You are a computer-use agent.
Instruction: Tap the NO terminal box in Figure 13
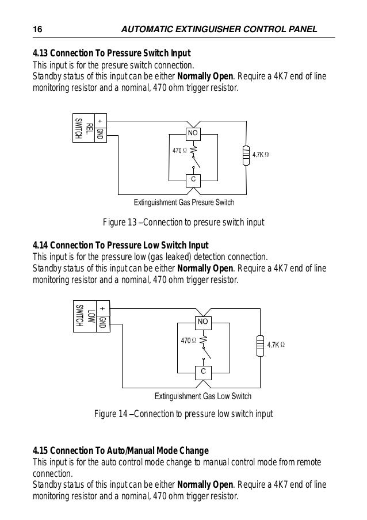[x=193, y=134]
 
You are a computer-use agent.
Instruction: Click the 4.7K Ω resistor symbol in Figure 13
[x=246, y=156]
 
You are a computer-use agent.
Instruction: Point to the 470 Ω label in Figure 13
[x=181, y=151]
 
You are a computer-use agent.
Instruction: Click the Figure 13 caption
[x=183, y=223]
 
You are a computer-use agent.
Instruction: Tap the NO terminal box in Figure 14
[x=202, y=322]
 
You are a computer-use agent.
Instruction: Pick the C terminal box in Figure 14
[x=202, y=372]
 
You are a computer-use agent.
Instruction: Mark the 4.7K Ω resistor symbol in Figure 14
[x=261, y=346]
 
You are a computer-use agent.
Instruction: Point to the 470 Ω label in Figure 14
[x=189, y=341]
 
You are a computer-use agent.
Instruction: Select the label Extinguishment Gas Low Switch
[x=203, y=396]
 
